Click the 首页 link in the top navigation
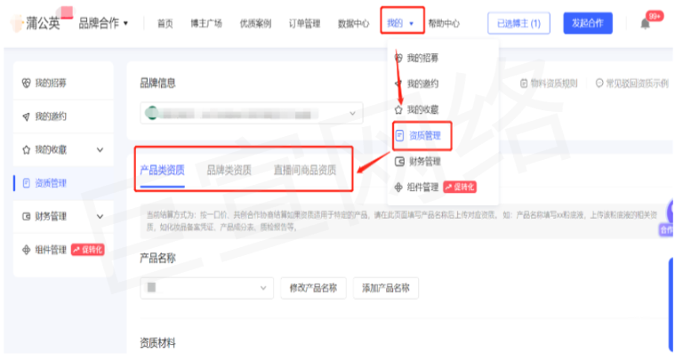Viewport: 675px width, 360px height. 165,23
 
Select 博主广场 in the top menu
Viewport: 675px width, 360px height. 205,23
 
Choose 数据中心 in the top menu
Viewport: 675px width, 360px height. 354,23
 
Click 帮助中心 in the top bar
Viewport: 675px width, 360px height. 444,23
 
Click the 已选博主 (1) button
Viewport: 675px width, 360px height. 519,23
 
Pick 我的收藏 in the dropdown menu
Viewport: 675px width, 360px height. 422,109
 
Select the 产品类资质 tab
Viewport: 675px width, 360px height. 162,170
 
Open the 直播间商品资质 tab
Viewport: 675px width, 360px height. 305,170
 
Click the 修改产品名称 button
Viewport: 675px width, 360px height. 313,288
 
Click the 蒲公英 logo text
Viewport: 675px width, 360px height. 43,23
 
